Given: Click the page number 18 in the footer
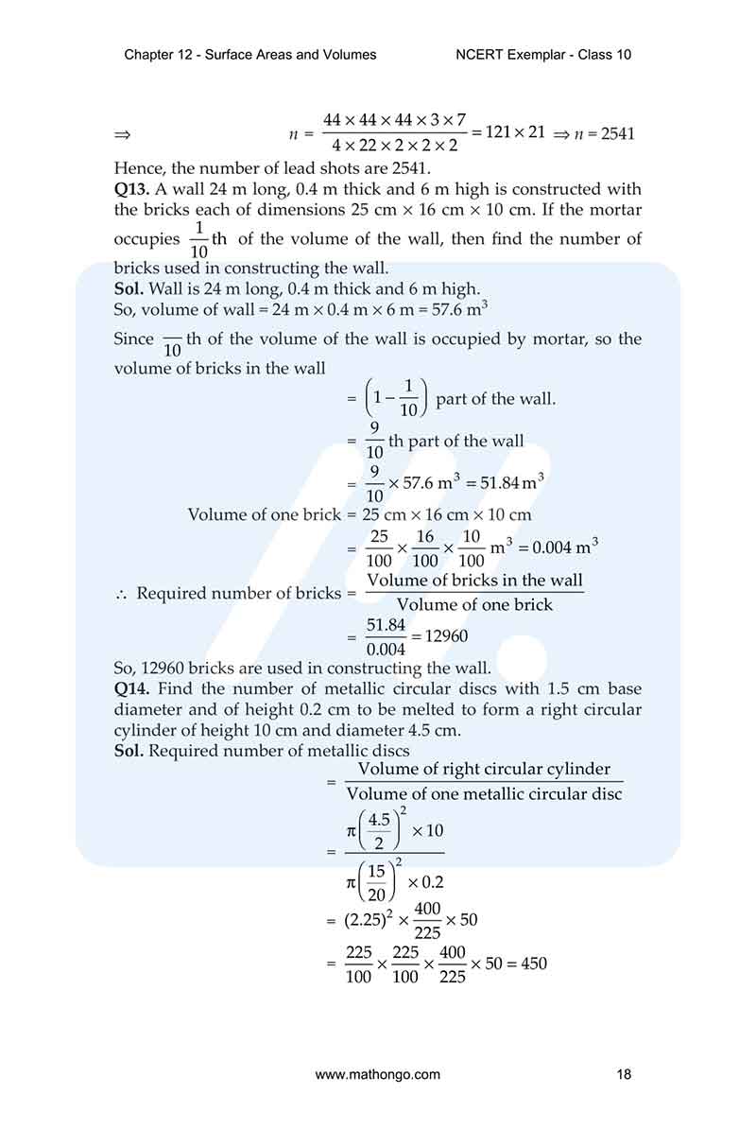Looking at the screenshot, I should [623, 1074].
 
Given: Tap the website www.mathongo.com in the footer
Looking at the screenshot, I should [377, 1074].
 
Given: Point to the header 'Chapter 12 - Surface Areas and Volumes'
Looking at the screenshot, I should [250, 55].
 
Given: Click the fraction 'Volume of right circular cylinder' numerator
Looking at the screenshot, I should [484, 770].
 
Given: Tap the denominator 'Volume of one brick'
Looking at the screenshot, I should [474, 605].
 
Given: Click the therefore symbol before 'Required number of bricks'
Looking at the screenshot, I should [120, 594].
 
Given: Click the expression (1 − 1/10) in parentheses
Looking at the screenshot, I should [396, 399].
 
